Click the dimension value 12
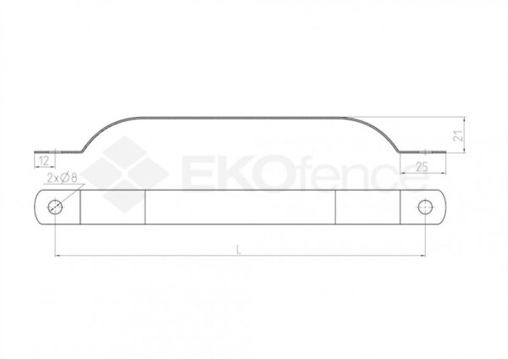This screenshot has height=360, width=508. tap(43, 159)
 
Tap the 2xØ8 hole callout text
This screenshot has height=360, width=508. tap(63, 178)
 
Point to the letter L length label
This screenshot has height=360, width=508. tap(240, 248)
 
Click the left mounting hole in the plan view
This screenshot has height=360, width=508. tap(54, 206)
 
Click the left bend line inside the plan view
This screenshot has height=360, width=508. tap(146, 206)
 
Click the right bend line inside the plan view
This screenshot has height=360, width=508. tap(336, 206)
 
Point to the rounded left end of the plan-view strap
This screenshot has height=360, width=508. tap(40, 206)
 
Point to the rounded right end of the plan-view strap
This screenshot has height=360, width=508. tap(442, 206)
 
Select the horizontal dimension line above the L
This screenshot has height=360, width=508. tap(240, 255)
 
